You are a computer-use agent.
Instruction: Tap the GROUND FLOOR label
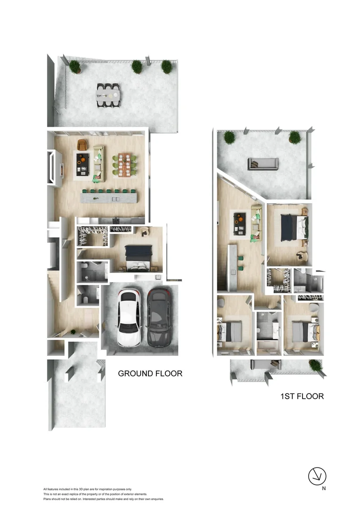[150, 374]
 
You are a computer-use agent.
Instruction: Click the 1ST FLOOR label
[302, 396]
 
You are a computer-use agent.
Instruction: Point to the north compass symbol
[317, 476]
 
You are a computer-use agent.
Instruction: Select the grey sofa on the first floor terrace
[263, 164]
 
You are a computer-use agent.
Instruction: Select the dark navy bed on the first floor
[292, 226]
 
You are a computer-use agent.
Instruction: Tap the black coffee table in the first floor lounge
[240, 223]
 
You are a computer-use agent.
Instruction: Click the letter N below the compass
[324, 489]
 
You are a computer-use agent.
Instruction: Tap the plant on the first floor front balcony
[314, 364]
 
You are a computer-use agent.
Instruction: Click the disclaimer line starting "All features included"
[88, 490]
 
